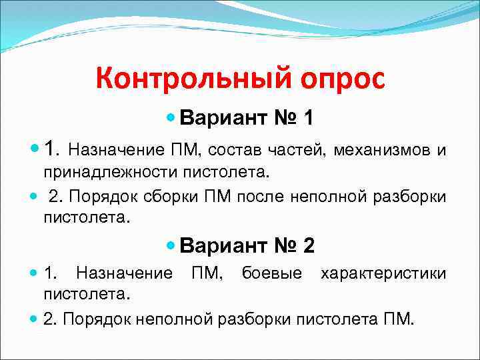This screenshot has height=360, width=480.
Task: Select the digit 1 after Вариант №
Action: (x=307, y=119)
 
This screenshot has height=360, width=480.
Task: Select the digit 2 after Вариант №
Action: (x=308, y=246)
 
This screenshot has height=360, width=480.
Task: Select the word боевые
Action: (x=271, y=273)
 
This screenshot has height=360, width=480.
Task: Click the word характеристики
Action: (x=383, y=273)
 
